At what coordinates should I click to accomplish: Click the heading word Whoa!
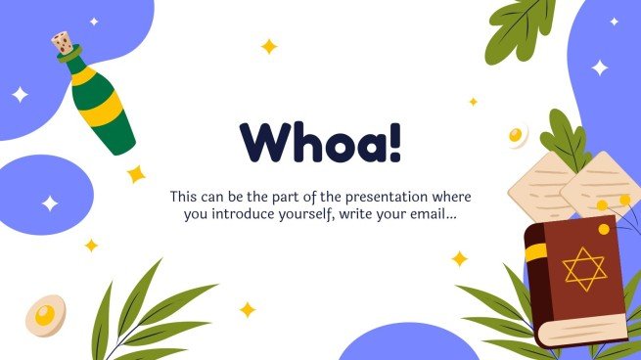click(320, 144)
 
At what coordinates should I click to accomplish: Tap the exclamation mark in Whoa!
click(393, 143)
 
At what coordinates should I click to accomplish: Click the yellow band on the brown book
click(535, 252)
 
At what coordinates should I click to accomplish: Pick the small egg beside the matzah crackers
click(518, 135)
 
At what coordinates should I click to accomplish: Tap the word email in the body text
click(427, 214)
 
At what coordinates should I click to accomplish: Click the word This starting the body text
click(185, 196)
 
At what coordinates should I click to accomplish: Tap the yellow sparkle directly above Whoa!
click(268, 46)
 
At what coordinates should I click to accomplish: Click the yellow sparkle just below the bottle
click(136, 174)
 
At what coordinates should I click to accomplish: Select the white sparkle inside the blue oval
click(50, 203)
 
